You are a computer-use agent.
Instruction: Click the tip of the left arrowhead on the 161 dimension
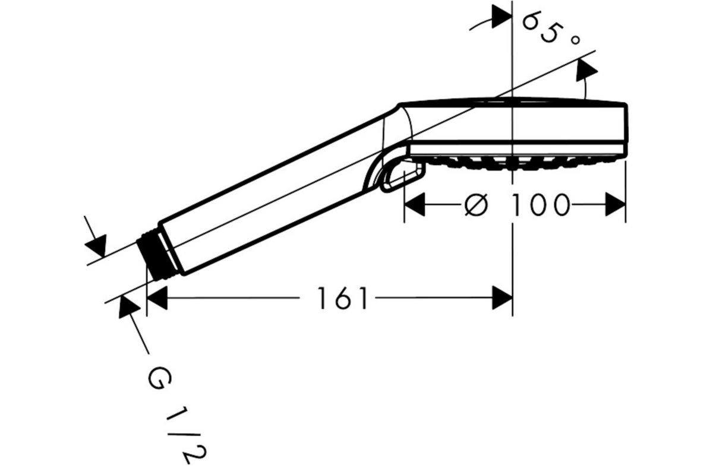[x=147, y=298]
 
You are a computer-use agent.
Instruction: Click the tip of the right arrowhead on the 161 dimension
[x=512, y=298]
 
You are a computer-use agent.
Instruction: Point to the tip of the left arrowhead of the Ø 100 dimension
[x=405, y=204]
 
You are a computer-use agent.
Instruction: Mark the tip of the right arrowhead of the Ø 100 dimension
[x=626, y=204]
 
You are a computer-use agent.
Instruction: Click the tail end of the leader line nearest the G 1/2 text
[x=149, y=353]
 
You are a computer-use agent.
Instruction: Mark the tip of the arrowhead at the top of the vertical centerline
[x=512, y=16]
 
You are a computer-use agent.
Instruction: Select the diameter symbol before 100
[x=476, y=205]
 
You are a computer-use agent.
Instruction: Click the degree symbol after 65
[x=575, y=40]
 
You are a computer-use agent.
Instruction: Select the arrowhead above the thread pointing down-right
[x=96, y=245]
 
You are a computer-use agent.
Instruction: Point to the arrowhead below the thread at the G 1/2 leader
[x=128, y=307]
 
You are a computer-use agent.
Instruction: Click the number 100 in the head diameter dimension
[x=540, y=205]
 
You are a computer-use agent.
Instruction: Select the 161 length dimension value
[x=343, y=298]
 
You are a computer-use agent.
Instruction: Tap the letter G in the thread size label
[x=160, y=379]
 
